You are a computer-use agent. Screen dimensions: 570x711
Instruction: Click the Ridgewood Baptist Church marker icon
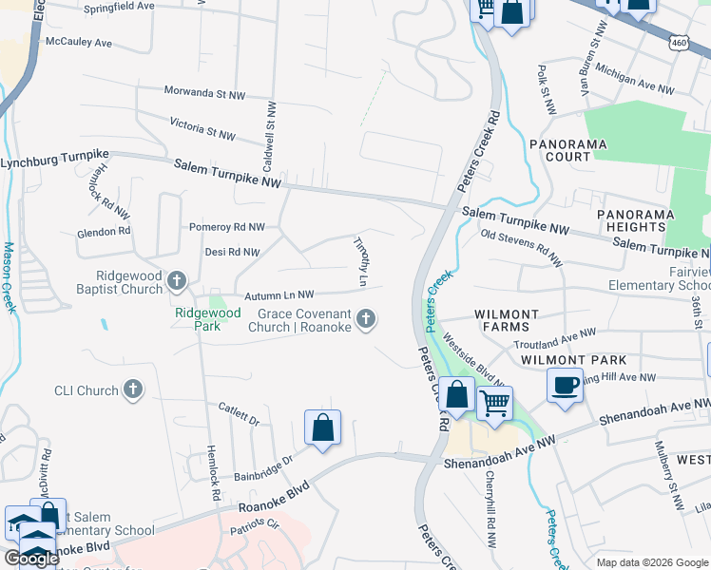click(x=177, y=280)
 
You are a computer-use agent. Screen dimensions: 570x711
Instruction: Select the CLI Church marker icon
click(x=133, y=389)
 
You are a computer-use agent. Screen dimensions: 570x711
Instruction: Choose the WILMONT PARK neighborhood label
click(x=574, y=360)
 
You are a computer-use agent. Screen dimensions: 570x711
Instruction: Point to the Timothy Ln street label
click(x=360, y=261)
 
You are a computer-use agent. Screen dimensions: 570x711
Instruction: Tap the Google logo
click(x=31, y=559)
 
